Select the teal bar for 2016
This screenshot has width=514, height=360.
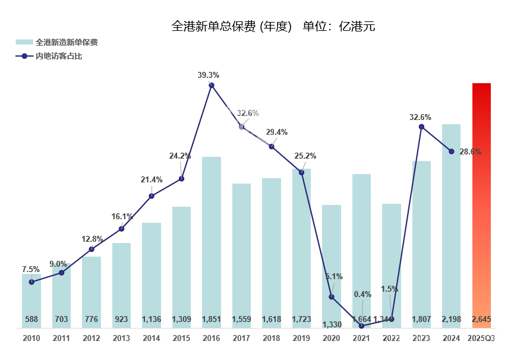click(x=212, y=238)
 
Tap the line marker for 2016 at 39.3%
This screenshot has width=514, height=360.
click(x=212, y=86)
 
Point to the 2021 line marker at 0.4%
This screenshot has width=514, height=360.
click(x=361, y=326)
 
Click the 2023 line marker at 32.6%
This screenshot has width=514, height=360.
click(x=421, y=127)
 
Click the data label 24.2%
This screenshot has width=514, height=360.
click(x=180, y=156)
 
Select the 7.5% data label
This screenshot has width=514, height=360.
click(x=31, y=269)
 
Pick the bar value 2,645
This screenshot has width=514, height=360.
click(x=481, y=320)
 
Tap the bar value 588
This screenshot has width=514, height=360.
click(x=31, y=320)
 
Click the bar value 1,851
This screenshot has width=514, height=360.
click(x=212, y=320)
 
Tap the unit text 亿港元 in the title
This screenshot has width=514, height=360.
click(x=357, y=26)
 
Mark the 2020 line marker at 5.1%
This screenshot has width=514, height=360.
click(x=332, y=296)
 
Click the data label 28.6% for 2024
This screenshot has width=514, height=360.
click(x=469, y=151)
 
